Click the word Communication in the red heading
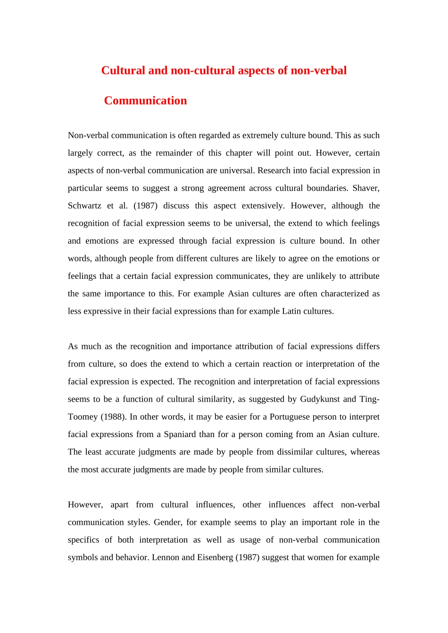145,101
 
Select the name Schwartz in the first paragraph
84,206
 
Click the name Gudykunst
320,399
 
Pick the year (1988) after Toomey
113,417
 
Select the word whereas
365,452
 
